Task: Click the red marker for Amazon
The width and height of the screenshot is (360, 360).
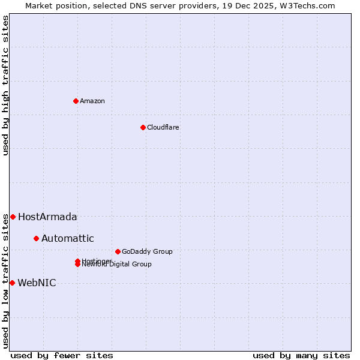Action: [x=76, y=101]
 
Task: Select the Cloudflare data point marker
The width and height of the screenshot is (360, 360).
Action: [x=143, y=127]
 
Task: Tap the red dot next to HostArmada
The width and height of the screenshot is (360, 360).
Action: [x=13, y=217]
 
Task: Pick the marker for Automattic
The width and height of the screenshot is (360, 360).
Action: [x=36, y=239]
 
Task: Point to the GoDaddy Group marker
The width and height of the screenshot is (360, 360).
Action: [x=118, y=251]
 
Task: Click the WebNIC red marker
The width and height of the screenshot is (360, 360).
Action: [x=12, y=283]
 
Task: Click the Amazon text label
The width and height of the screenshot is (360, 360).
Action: [x=92, y=101]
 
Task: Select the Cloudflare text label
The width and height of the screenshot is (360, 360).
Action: [x=163, y=127]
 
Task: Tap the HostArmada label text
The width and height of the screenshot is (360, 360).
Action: [x=47, y=217]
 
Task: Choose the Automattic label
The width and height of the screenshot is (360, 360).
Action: [x=67, y=239]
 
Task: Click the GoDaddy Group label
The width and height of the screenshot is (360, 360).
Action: [x=146, y=251]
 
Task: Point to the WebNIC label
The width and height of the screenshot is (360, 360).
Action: [x=37, y=283]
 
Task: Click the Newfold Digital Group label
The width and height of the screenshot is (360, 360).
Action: [x=118, y=265]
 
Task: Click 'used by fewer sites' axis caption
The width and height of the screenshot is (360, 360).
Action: [x=62, y=355]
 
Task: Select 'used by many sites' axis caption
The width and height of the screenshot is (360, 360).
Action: [x=301, y=355]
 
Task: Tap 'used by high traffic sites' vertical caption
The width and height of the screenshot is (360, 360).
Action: [x=5, y=85]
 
